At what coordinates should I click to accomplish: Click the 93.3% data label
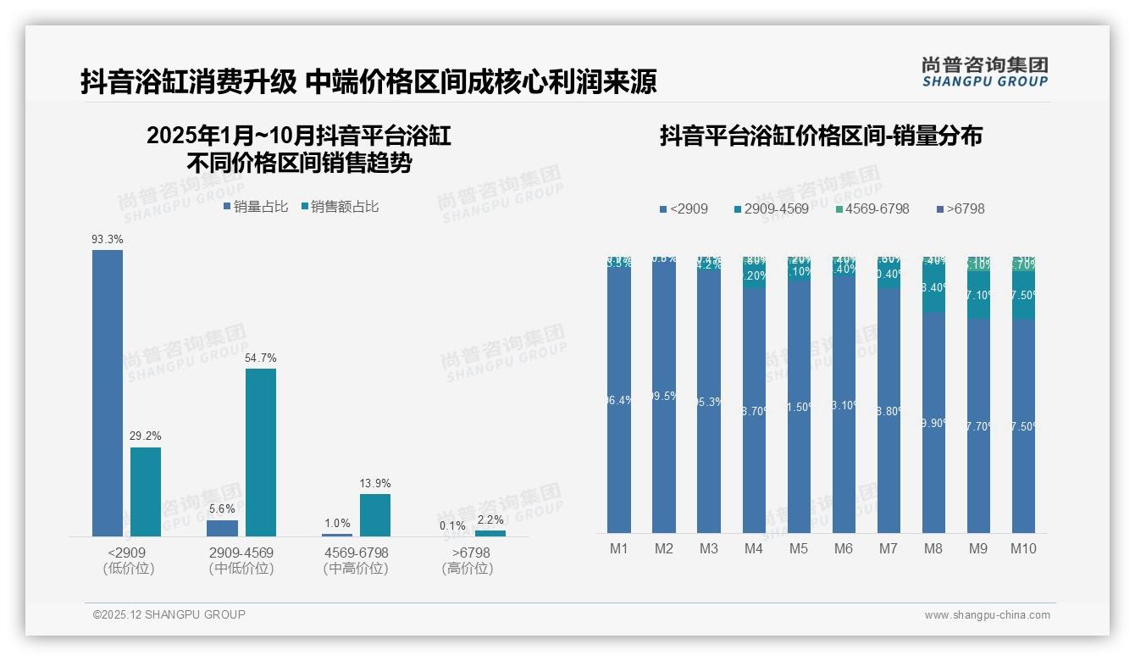(108, 240)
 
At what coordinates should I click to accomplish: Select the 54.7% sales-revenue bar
(261, 452)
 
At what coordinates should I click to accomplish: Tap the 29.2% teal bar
(146, 492)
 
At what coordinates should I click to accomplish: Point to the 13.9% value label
(375, 483)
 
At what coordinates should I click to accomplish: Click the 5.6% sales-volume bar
(223, 528)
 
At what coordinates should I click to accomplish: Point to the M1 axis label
(619, 548)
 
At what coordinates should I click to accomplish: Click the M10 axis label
(1023, 548)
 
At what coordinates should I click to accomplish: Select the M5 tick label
(799, 548)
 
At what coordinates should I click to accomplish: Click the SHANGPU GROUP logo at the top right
(984, 72)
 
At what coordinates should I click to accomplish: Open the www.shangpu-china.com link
(987, 615)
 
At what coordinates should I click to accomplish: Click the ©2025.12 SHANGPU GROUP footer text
(169, 614)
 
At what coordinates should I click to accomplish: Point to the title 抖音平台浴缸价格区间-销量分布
(821, 136)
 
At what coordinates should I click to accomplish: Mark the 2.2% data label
(490, 519)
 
